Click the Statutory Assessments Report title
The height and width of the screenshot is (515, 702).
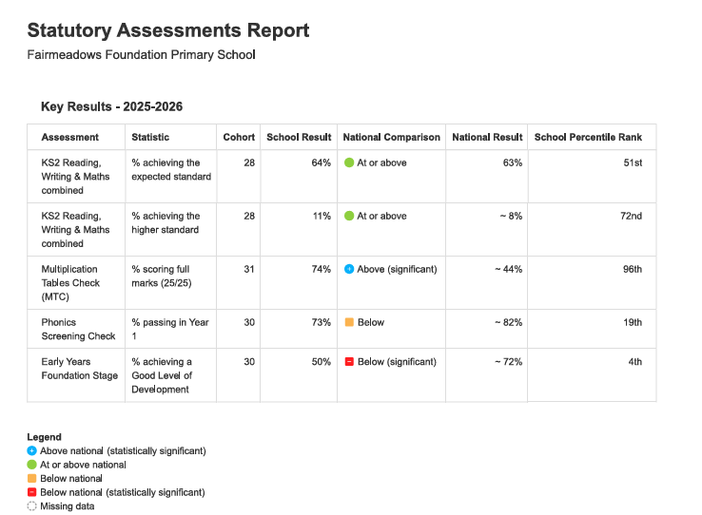coord(167,30)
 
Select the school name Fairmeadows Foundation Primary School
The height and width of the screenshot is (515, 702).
coord(141,54)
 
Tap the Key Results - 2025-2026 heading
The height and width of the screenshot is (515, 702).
coord(112,106)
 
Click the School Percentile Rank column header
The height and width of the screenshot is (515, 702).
coord(588,137)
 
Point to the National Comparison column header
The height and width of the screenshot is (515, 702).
coord(391,137)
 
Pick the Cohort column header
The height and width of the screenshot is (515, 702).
coord(239,137)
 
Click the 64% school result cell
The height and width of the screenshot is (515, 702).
coord(321,162)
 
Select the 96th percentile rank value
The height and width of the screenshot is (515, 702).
coord(633,269)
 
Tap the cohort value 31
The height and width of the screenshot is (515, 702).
coord(249,269)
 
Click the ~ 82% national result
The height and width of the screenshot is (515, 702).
coord(508,322)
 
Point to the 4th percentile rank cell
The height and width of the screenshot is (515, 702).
coord(634,362)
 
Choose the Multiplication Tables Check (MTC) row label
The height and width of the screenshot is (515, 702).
coord(70,283)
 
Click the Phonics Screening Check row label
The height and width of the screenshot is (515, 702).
coord(78,329)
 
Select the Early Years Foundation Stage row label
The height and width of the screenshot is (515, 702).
coord(80,369)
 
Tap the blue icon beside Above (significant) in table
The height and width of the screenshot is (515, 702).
coord(349,269)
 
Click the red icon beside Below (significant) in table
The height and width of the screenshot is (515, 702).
coord(349,362)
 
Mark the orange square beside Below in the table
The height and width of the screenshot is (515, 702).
coord(349,322)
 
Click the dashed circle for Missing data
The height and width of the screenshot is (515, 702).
coord(31,506)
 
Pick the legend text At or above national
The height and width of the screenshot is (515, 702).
coord(83,465)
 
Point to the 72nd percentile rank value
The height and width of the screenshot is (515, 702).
coord(631,216)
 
